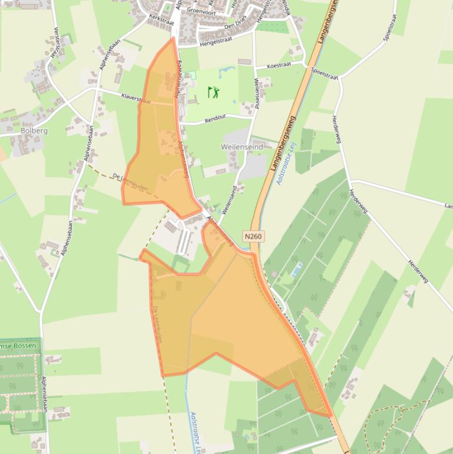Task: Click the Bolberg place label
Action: (x=34, y=130)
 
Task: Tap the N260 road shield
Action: (x=253, y=236)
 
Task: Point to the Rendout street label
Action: (x=216, y=119)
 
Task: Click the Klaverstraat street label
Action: (x=135, y=98)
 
